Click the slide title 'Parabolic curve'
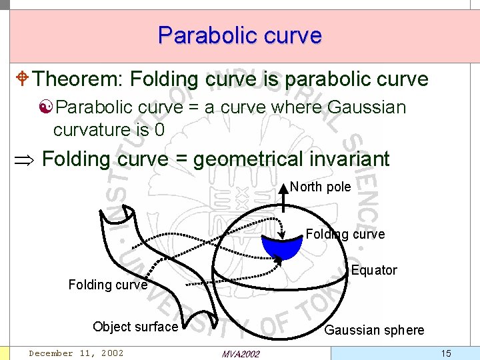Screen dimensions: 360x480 pos(240,35)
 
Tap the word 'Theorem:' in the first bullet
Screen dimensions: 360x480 pos(75,79)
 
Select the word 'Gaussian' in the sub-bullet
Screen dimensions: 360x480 pos(367,107)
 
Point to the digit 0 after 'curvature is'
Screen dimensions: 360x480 pos(159,129)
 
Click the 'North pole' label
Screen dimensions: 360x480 pos(321,187)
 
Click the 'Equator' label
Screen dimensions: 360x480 pos(374,270)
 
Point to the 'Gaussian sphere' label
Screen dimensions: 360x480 pos(374,330)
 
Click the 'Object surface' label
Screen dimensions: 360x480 pos(135,327)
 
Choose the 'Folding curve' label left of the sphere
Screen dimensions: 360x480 pos(107,285)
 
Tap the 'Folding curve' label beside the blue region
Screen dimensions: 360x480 pos(345,234)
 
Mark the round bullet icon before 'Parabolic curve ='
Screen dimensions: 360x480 pos(47,107)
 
